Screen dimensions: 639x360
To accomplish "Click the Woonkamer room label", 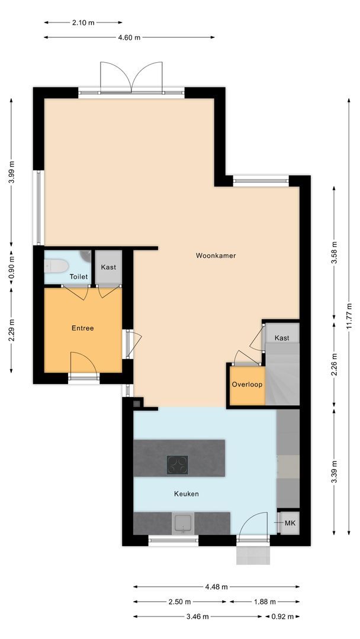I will (216, 256).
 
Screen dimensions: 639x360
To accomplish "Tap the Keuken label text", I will (186, 493).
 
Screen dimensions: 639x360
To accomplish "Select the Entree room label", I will (82, 328).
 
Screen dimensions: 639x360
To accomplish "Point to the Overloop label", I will (247, 384).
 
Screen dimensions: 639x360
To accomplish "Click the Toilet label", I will (79, 276).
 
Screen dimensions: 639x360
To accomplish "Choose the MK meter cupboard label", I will (290, 523).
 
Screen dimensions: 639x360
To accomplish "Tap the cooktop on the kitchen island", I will (177, 465).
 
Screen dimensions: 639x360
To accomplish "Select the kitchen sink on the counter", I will (183, 523).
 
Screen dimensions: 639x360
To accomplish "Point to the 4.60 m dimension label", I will (129, 37).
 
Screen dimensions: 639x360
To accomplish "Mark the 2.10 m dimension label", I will (83, 22).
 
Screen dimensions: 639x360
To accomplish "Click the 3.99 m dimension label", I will (11, 172).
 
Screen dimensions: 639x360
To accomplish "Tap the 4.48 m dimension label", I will (216, 587).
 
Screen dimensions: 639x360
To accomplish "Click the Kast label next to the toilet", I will (108, 267).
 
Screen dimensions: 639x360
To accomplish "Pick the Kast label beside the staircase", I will (281, 338).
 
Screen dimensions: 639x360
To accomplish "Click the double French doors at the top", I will (131, 78).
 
